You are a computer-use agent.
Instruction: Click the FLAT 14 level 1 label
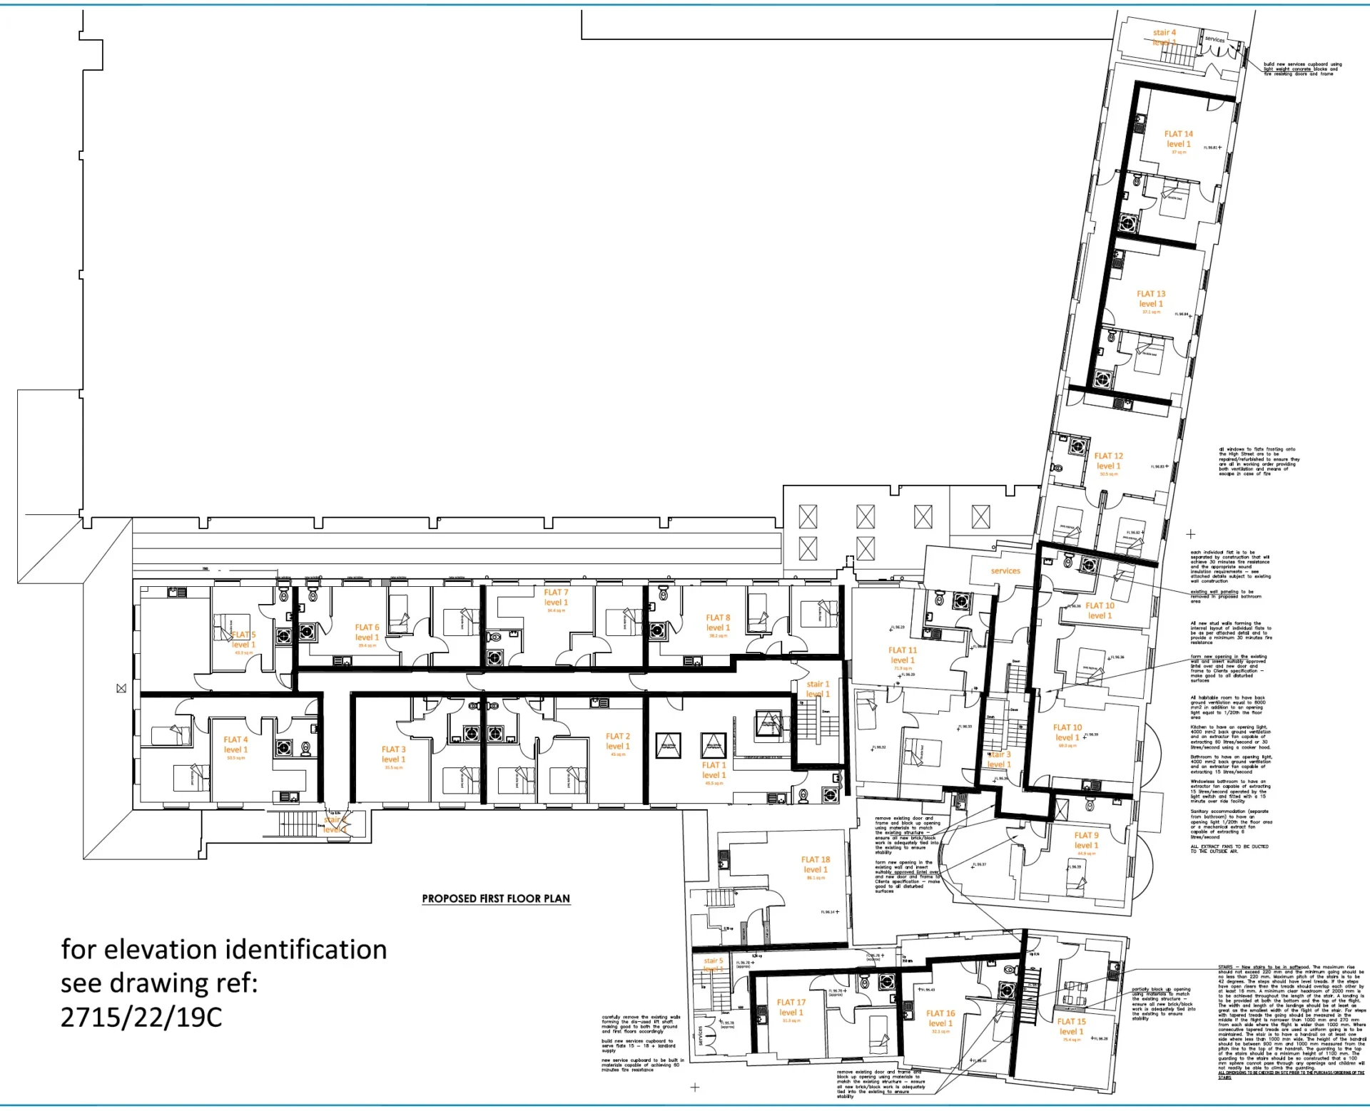(1177, 138)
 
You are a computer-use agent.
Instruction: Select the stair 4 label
(1164, 33)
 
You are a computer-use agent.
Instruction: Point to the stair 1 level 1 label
(818, 689)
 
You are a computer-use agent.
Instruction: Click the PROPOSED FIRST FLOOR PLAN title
(496, 898)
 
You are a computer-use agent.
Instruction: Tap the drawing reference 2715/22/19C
(141, 1017)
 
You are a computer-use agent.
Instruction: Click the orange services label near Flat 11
(1005, 570)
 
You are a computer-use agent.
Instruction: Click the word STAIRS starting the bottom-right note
(1225, 968)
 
